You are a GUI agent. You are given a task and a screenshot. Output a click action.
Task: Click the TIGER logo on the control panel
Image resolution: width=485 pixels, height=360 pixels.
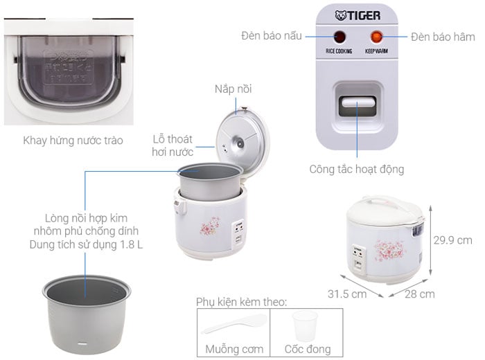(x=358, y=15)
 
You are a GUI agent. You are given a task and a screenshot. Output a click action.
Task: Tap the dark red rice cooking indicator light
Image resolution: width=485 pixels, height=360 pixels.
(x=339, y=37)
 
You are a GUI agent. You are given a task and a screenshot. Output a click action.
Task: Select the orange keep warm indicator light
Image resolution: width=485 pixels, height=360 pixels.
(x=376, y=37)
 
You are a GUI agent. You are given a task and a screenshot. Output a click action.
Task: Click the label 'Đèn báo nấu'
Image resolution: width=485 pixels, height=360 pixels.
(x=272, y=36)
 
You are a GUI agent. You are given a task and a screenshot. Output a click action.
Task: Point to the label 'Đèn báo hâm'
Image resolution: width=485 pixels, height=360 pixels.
(x=443, y=37)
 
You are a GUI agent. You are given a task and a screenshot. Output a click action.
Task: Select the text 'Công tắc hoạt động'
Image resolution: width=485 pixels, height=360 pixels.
(x=357, y=170)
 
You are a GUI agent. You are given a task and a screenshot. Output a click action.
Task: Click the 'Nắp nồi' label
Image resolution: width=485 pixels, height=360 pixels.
(x=233, y=89)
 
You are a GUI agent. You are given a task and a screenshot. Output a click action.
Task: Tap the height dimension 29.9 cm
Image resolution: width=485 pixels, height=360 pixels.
(x=452, y=240)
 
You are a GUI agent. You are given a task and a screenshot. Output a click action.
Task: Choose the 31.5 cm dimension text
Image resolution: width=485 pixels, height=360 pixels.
(x=347, y=294)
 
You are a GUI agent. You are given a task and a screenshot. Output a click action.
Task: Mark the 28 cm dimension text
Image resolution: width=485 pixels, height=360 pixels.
(x=419, y=294)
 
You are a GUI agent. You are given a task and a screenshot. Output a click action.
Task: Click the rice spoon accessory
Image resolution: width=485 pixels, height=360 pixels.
(x=234, y=323)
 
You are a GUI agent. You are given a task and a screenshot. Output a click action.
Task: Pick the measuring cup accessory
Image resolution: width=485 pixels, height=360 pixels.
(x=306, y=325)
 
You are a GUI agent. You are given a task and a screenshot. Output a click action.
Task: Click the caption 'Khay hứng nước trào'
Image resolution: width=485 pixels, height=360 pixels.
(x=73, y=141)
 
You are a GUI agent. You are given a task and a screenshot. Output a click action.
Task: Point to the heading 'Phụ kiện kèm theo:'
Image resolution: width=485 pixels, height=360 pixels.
(x=242, y=302)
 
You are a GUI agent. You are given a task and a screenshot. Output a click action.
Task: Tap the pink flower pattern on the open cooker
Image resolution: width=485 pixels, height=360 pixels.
(x=211, y=226)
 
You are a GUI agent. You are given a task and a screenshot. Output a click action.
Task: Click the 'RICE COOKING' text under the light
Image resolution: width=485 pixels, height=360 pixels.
(x=339, y=51)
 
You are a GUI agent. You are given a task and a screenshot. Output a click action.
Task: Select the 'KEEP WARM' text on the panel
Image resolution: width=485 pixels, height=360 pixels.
(x=376, y=51)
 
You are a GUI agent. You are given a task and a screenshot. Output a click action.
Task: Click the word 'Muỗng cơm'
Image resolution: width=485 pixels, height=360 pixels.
(x=234, y=349)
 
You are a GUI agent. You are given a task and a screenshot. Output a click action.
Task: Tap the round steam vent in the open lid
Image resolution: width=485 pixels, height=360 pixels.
(x=240, y=143)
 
